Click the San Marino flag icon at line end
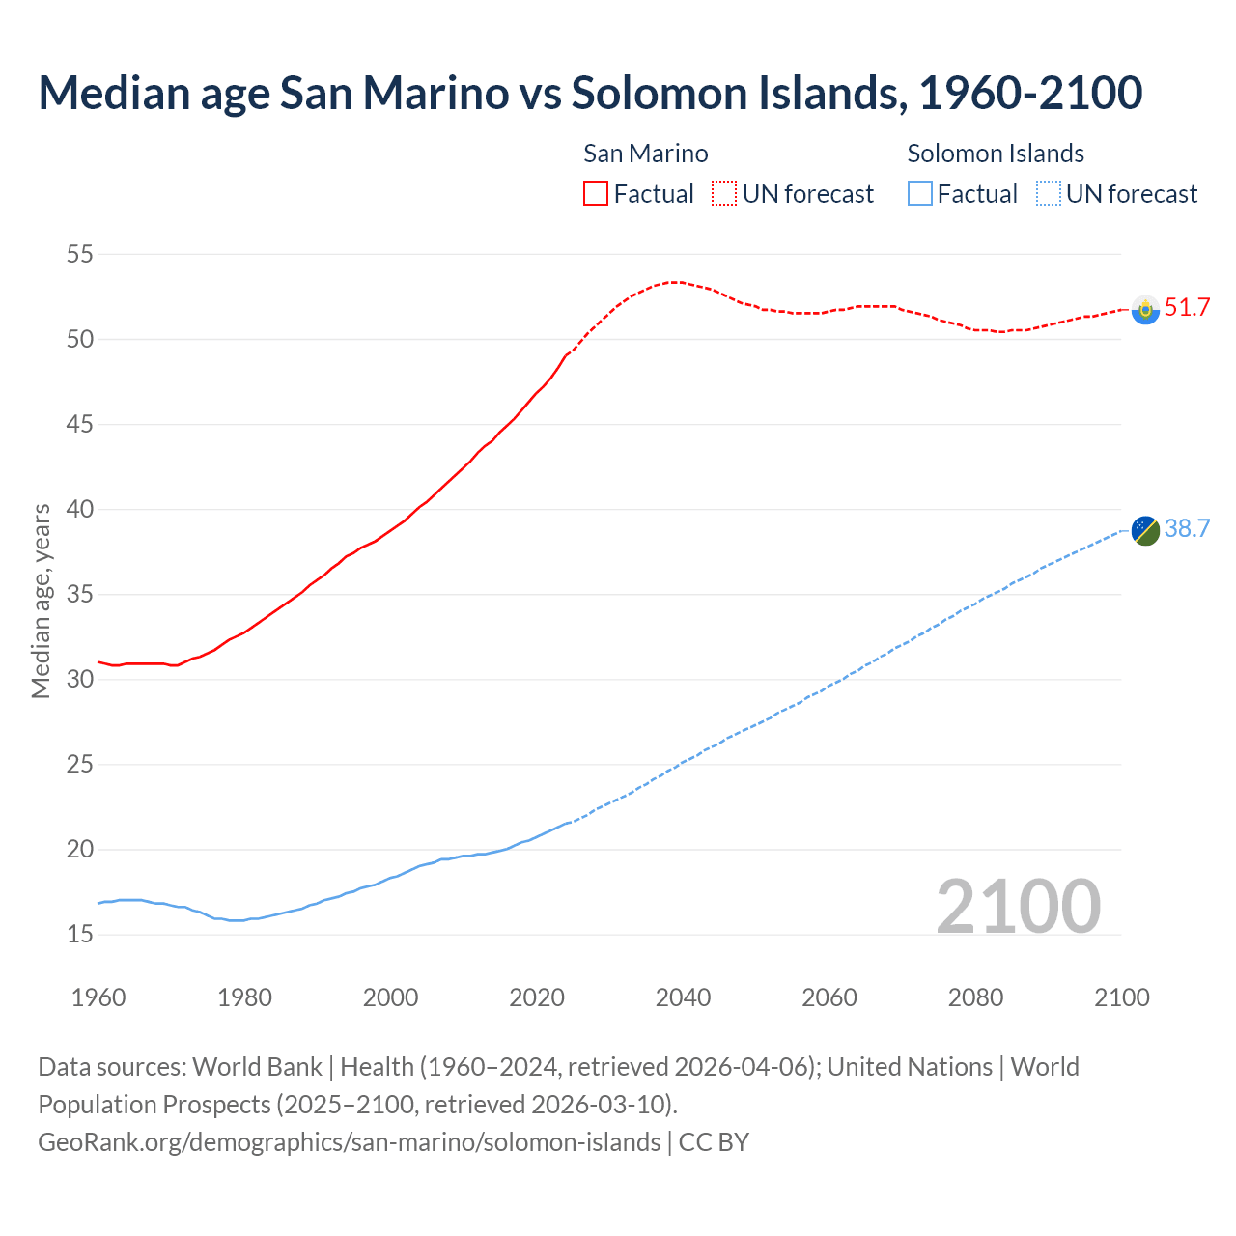[x=1145, y=310]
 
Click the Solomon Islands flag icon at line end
[x=1145, y=530]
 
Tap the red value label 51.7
[x=1187, y=308]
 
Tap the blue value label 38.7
[x=1187, y=528]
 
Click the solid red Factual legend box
[x=596, y=193]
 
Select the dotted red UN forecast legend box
[x=724, y=193]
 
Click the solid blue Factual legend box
[x=919, y=193]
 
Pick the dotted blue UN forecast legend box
[x=1048, y=193]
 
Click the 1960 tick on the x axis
[x=98, y=997]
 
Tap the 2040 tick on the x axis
[x=683, y=997]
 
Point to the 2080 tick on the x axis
[x=975, y=997]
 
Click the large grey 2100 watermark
[x=1018, y=906]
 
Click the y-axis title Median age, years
[x=41, y=601]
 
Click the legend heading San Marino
[x=645, y=154]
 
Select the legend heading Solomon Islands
[x=995, y=154]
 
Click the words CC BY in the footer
[x=714, y=1142]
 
